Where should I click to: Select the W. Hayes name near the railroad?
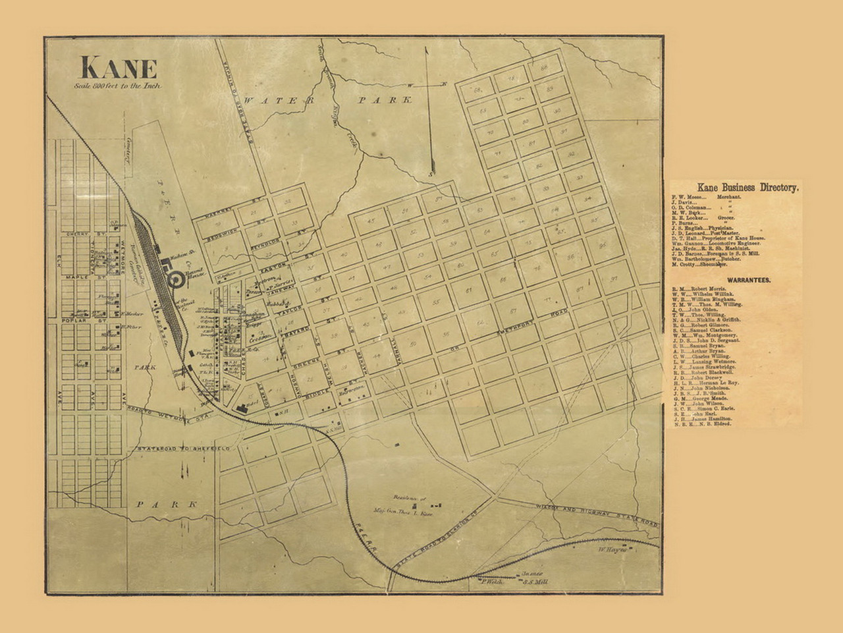pyautogui.click(x=610, y=548)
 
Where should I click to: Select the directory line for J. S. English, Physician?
pyautogui.click(x=705, y=227)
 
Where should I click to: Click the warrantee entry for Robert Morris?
pyautogui.click(x=703, y=289)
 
